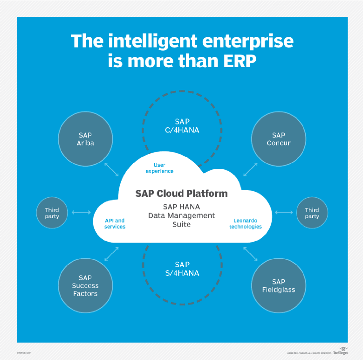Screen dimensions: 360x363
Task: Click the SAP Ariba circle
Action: click(85, 139)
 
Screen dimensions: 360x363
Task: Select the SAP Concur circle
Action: click(278, 139)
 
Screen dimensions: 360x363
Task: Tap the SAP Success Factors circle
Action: click(85, 285)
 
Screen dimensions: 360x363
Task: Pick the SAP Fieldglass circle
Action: click(278, 285)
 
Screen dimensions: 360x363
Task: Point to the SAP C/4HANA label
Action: click(181, 126)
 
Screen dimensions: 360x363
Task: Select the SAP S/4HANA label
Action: click(181, 269)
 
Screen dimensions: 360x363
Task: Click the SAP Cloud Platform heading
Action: click(181, 194)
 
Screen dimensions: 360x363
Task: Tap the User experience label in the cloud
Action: click(159, 168)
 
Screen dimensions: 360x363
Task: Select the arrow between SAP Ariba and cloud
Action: click(111, 169)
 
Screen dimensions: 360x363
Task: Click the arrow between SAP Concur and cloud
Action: click(251, 169)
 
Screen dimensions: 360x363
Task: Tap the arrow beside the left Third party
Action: click(82, 213)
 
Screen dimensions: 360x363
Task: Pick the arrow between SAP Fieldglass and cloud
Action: click(250, 254)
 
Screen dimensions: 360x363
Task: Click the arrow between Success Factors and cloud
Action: click(112, 254)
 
